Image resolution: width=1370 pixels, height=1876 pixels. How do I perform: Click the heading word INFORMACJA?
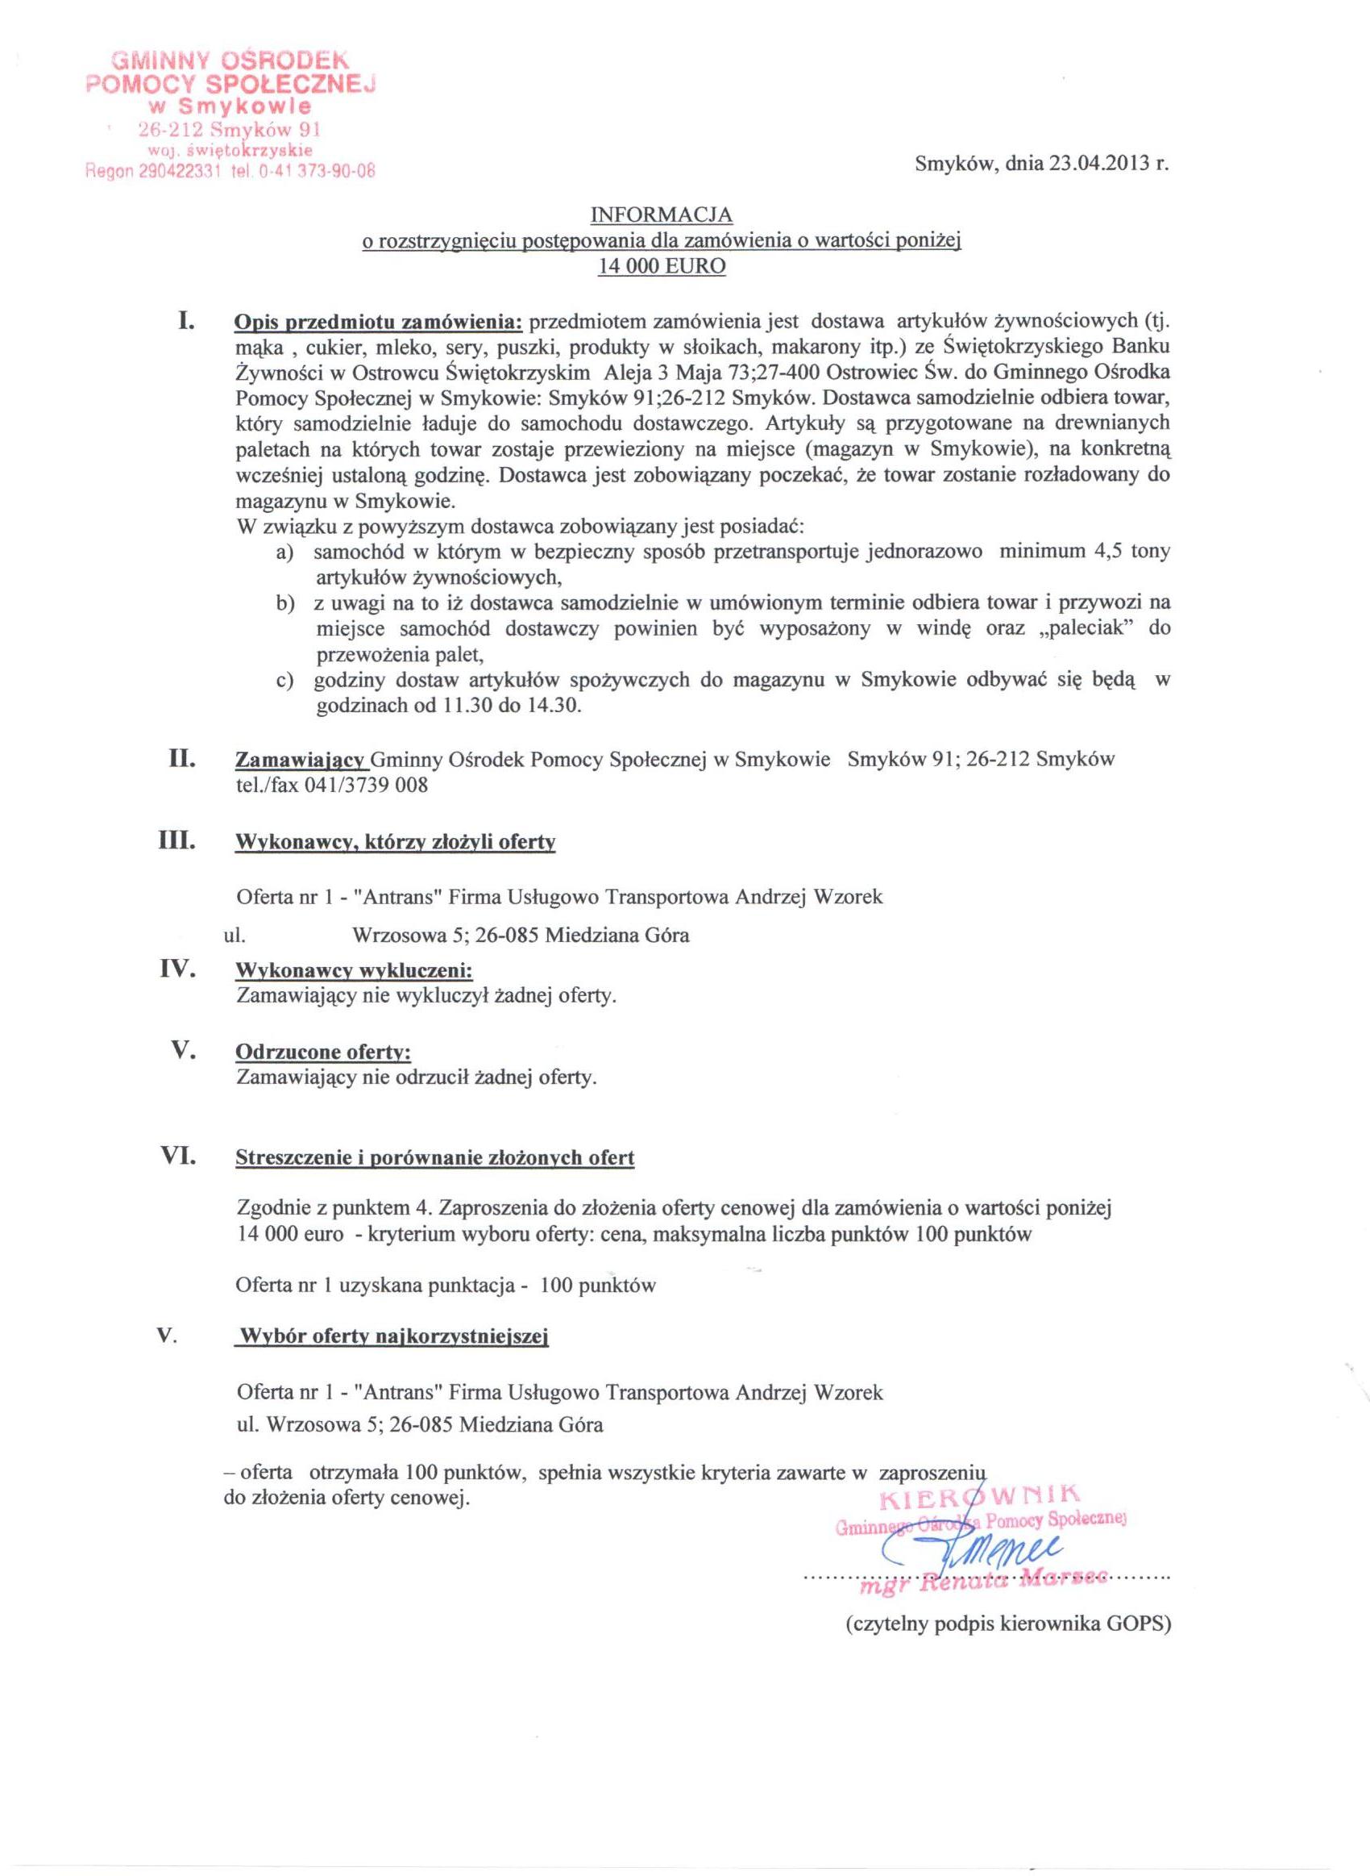[661, 215]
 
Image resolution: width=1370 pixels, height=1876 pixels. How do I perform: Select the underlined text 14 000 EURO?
[661, 267]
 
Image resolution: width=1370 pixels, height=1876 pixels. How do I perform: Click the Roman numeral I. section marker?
[185, 319]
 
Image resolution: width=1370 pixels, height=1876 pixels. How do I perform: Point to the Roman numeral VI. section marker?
[176, 1155]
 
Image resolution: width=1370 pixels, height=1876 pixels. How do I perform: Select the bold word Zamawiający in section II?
[302, 760]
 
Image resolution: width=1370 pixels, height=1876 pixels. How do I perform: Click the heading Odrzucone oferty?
[323, 1052]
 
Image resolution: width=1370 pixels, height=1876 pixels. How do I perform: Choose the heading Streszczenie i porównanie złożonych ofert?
[434, 1158]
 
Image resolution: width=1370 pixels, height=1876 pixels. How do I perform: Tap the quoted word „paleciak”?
[1085, 628]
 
